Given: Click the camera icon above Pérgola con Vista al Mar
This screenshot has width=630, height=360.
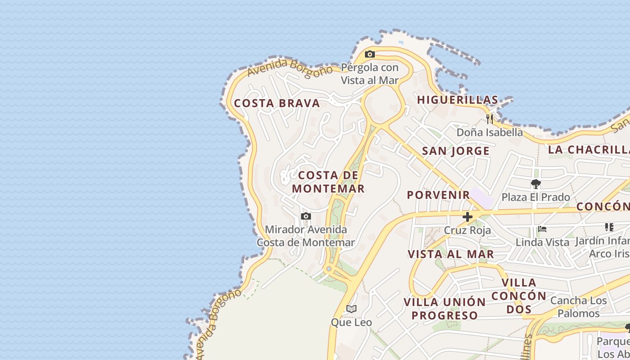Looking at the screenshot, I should point(370,54).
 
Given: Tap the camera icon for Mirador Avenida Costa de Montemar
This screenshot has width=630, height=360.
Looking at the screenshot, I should point(306,216).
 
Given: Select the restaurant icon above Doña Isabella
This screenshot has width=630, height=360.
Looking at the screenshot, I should point(490,119).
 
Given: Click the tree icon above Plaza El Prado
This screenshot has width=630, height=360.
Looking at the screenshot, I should point(535,184).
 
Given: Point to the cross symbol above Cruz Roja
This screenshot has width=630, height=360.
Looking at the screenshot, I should point(468,217).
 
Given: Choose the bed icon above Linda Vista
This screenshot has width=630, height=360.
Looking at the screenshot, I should point(542,229).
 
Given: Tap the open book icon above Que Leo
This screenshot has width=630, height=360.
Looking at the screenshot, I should point(351,309).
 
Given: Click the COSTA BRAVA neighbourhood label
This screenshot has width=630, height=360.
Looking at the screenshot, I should point(277,103).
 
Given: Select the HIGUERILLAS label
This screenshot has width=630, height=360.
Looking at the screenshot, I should point(458,100).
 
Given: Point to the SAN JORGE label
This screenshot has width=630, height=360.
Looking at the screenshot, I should point(455,151).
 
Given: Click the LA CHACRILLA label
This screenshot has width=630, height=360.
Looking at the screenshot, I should point(589,149).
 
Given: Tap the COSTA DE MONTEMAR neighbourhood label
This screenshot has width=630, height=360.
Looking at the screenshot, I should point(328,182).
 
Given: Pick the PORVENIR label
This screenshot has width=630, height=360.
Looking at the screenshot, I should point(438,195).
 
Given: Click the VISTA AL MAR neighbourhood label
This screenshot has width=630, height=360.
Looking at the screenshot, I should point(450,254).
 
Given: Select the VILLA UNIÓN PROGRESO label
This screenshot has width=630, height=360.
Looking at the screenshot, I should point(445,308).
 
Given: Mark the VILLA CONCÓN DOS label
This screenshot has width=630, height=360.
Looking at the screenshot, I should point(519,296).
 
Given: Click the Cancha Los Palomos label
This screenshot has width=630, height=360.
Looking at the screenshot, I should point(578,306).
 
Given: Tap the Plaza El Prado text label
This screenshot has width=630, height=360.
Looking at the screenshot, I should point(535,197).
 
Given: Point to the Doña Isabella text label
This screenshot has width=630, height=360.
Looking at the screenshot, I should point(490,132).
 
